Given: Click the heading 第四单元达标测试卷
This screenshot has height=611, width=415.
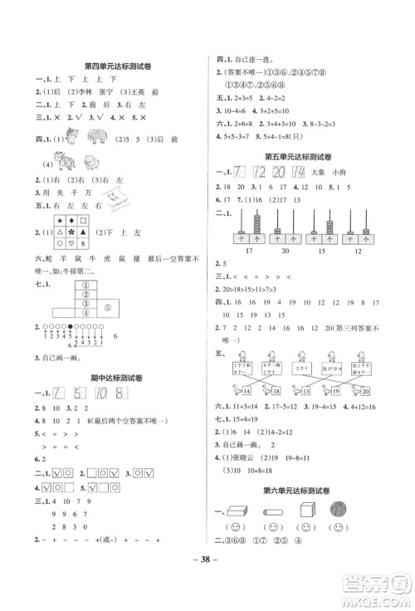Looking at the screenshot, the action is (110, 66).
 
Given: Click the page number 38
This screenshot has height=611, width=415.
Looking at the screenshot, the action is (207, 584).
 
